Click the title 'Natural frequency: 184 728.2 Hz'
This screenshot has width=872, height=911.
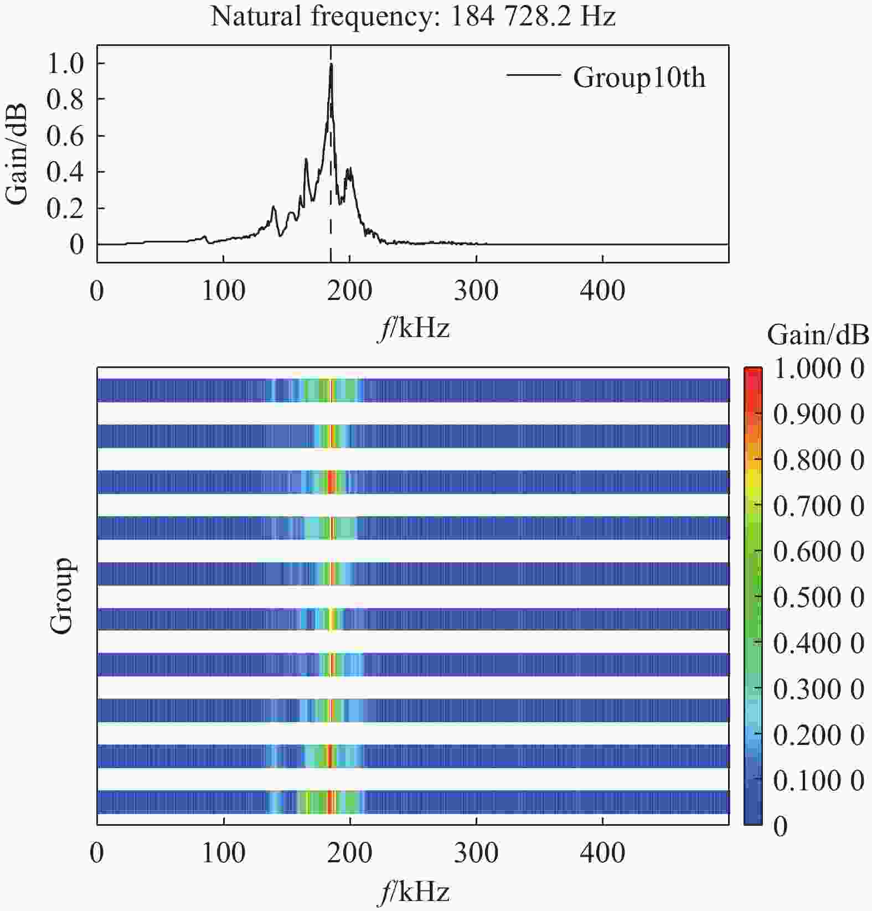coord(412,16)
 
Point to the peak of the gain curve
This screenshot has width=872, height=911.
coord(331,64)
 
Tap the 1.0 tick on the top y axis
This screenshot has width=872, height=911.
coord(65,63)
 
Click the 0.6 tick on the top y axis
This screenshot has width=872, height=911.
coord(65,136)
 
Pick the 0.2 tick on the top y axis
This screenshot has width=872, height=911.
coord(65,208)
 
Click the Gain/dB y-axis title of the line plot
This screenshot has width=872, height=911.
coord(16,153)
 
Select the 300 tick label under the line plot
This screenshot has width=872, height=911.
coord(476,291)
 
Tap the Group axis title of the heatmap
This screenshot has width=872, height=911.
coord(61,596)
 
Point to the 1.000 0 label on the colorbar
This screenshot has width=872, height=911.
coord(818,369)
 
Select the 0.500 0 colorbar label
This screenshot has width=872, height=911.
coord(818,598)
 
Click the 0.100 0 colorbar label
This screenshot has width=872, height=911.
coord(818,780)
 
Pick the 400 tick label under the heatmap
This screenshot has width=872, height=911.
coord(602,853)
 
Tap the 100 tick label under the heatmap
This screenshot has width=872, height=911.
coord(223,853)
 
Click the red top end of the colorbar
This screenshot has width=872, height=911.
coord(752,372)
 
